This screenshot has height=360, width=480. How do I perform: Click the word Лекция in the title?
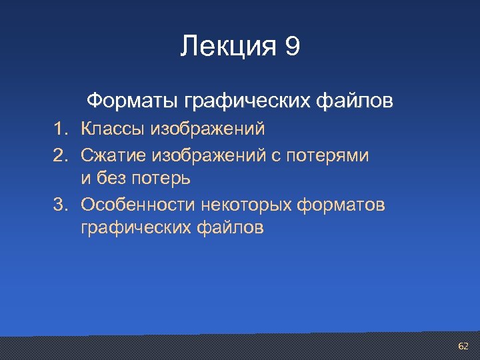pyautogui.click(x=227, y=47)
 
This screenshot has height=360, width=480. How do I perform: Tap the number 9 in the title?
pyautogui.click(x=292, y=47)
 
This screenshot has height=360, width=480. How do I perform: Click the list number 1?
pyautogui.click(x=61, y=127)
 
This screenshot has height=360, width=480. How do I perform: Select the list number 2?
pyautogui.click(x=61, y=155)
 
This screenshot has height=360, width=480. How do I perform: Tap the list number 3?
pyautogui.click(x=61, y=205)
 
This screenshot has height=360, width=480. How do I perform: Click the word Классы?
pyautogui.click(x=113, y=127)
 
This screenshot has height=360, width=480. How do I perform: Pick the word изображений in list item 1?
pyautogui.click(x=208, y=127)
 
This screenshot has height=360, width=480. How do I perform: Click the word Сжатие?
pyautogui.click(x=113, y=155)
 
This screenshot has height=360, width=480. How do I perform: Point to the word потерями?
pyautogui.click(x=329, y=155)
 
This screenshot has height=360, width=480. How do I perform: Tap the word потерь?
pyautogui.click(x=160, y=179)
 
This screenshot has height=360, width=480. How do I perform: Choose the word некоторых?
pyautogui.click(x=251, y=205)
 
